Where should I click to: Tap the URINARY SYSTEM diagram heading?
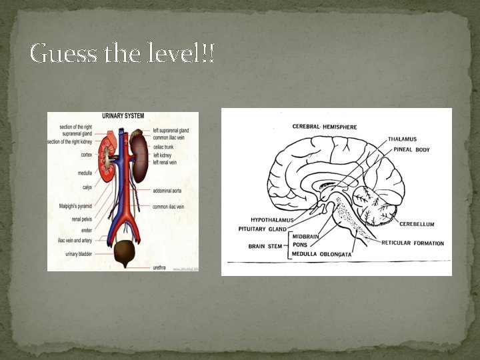123,115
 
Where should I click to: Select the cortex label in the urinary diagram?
86,155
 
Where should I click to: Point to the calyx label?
87,187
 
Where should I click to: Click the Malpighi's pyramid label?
75,206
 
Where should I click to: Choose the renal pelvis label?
81,218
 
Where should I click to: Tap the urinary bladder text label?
78,253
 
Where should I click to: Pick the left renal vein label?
165,162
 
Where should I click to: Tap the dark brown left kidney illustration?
139,157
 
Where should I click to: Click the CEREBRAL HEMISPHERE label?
325,127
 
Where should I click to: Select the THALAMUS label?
402,139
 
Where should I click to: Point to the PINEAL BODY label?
411,150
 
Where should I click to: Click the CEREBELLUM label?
417,224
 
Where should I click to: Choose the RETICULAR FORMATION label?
412,243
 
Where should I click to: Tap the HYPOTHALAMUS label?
272,220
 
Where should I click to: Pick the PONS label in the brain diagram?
299,245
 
